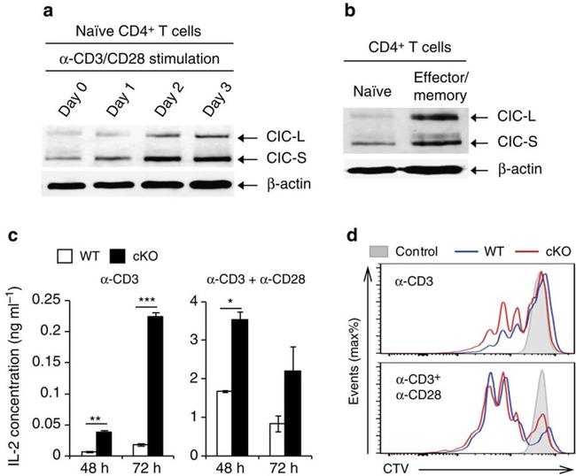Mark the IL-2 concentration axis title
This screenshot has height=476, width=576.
pos(12,373)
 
